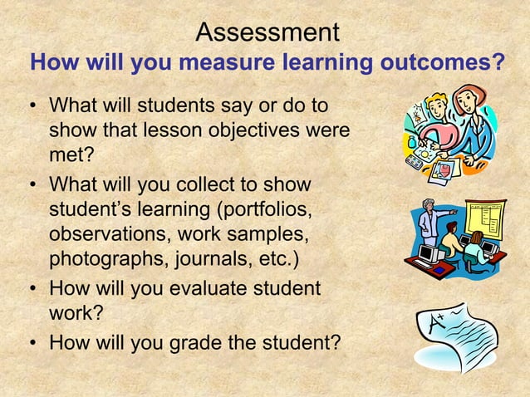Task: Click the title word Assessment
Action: point(267,32)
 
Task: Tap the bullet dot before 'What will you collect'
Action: point(31,183)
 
